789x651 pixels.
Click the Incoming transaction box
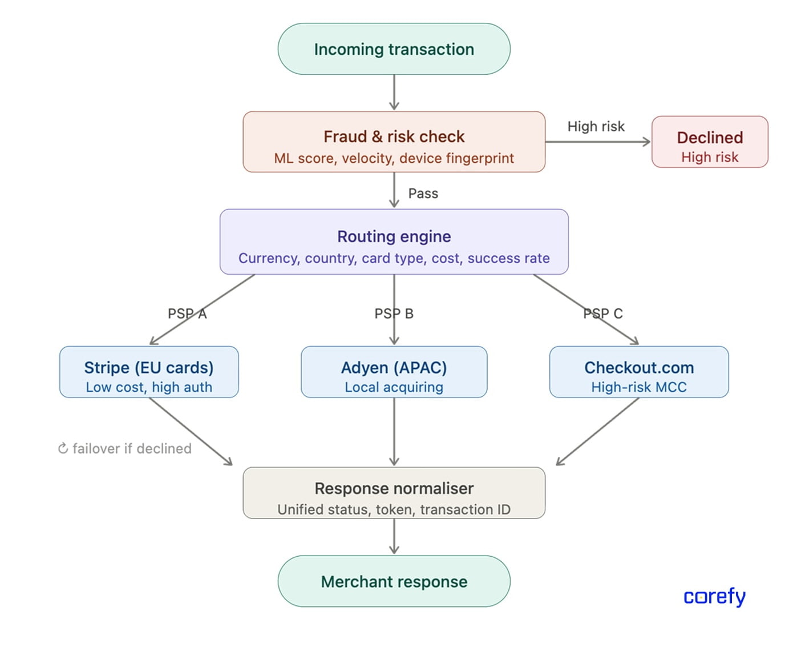[x=394, y=49]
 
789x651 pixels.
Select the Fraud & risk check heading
[x=394, y=136]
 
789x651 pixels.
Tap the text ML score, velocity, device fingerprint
[x=394, y=158]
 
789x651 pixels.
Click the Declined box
[x=710, y=142]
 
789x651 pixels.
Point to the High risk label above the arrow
[x=596, y=126]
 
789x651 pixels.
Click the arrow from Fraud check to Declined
[x=598, y=142]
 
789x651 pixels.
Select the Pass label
[x=423, y=194]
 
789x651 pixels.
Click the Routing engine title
[x=394, y=236]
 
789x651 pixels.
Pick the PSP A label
[x=187, y=314]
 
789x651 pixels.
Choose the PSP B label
[x=394, y=314]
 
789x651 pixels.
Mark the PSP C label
[x=603, y=314]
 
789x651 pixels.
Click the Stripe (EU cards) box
[x=149, y=372]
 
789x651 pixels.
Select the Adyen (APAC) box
[x=394, y=372]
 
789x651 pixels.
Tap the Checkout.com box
[x=639, y=372]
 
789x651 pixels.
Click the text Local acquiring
[x=394, y=387]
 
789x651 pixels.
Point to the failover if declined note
[x=125, y=449]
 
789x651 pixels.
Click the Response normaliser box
[x=394, y=493]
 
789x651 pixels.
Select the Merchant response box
[x=394, y=581]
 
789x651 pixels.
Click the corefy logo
[x=714, y=597]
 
